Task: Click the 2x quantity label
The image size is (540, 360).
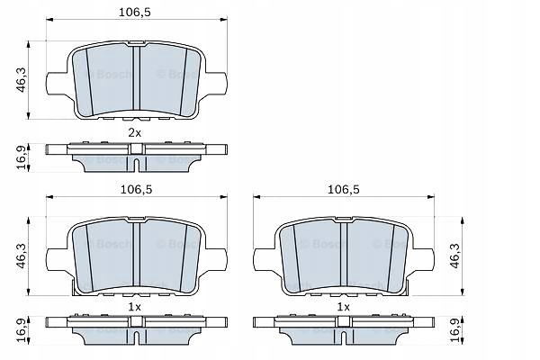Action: coord(134,132)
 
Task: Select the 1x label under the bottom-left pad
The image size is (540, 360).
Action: coord(134,307)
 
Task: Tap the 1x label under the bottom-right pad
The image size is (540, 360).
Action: coord(343,307)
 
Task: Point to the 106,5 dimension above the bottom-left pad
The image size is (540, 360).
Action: coord(134,190)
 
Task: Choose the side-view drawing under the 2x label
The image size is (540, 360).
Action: coord(134,155)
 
